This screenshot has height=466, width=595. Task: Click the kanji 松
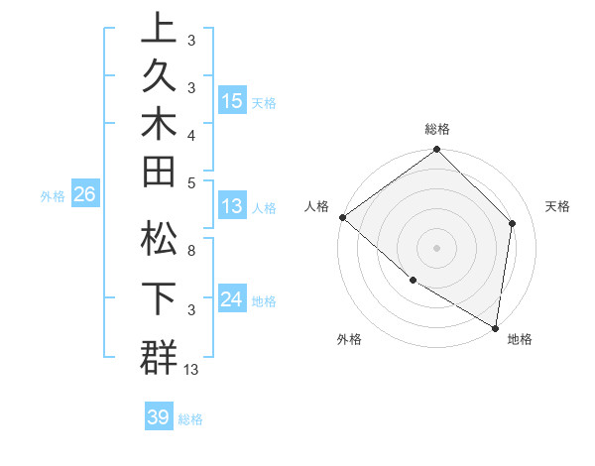[x=159, y=239]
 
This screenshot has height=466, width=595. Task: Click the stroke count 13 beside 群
[x=191, y=370]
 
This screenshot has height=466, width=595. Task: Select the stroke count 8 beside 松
[x=190, y=251]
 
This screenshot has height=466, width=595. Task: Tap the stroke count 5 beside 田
[x=190, y=182]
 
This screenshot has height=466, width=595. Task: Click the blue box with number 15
[x=232, y=101]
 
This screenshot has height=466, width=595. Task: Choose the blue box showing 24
[x=232, y=299]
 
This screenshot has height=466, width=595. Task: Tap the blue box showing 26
[x=84, y=195]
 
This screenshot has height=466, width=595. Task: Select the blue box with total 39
[x=158, y=417]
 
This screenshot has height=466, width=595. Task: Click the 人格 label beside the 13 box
[x=264, y=208]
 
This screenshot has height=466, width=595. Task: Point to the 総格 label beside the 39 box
[x=190, y=419]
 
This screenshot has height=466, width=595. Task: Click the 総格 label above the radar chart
[x=437, y=129]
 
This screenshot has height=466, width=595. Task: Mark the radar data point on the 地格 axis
[x=496, y=327]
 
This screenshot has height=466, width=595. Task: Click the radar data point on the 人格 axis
[x=342, y=217]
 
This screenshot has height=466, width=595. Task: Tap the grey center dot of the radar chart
[x=437, y=247]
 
